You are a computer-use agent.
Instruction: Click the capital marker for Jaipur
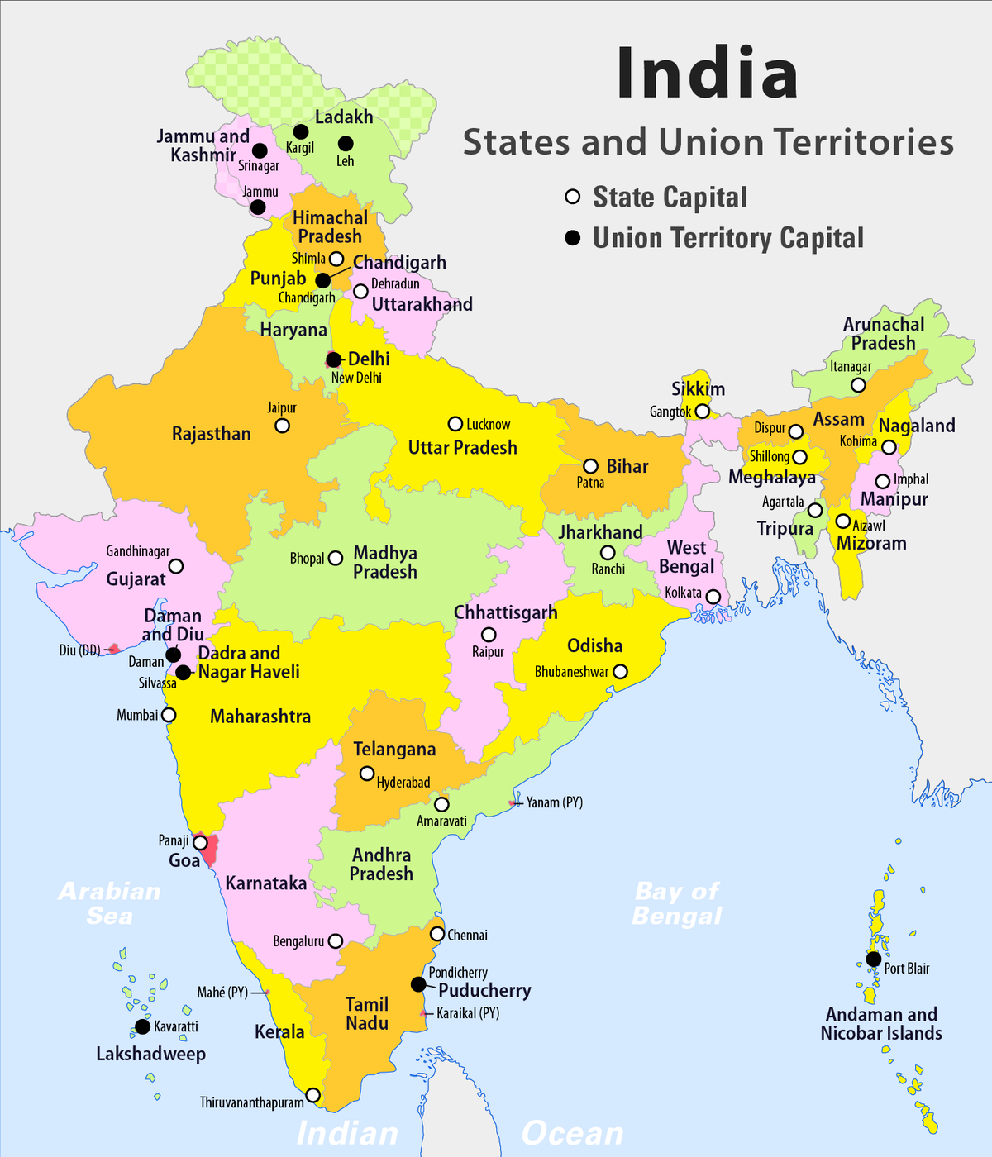click(x=282, y=426)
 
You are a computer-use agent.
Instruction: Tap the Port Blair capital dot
click(x=874, y=959)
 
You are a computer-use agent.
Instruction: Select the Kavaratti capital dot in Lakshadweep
click(x=142, y=1026)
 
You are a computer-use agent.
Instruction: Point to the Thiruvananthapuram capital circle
click(x=312, y=1095)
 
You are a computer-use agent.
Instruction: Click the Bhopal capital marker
click(x=336, y=558)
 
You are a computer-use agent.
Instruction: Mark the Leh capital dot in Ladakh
click(x=346, y=143)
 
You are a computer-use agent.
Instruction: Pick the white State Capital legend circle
click(x=572, y=197)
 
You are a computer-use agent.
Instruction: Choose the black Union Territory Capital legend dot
click(x=572, y=238)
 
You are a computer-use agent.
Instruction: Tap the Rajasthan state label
click(x=211, y=434)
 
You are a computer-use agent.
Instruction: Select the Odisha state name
click(x=594, y=645)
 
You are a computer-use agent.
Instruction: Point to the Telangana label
click(x=394, y=750)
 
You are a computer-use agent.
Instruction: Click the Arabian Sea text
click(x=109, y=903)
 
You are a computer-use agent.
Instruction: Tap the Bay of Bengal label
click(x=677, y=903)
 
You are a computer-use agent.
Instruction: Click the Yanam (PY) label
click(x=555, y=802)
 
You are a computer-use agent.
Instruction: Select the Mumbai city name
click(x=136, y=715)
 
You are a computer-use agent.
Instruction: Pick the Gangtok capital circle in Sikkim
click(x=702, y=411)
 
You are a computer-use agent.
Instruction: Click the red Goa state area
click(x=210, y=849)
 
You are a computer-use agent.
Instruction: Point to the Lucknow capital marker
click(x=455, y=424)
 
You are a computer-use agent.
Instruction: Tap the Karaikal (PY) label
click(x=468, y=1013)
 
